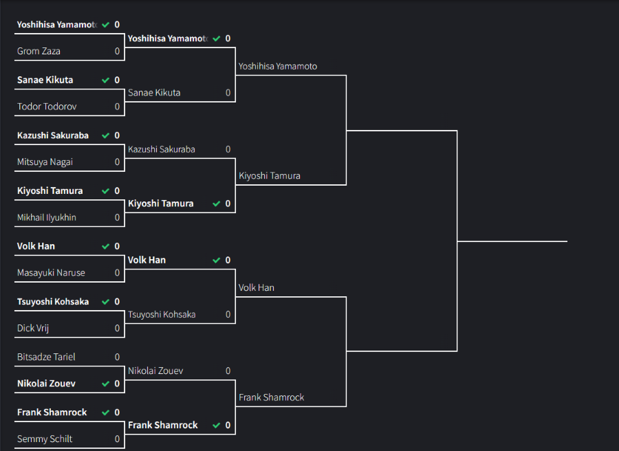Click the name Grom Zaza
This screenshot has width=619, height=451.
point(39,51)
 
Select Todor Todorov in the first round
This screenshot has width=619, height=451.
point(47,107)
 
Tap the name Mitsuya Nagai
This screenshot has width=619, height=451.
point(45,162)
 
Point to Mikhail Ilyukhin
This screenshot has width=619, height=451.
point(47,217)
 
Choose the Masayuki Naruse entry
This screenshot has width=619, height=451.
point(51,273)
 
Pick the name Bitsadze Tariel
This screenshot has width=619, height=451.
point(46,357)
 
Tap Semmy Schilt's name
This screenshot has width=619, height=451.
point(45,439)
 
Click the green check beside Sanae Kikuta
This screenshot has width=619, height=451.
point(105,80)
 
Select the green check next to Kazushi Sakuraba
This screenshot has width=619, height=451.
point(105,135)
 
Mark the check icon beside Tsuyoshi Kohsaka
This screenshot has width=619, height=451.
point(105,302)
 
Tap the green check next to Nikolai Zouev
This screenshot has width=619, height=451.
point(105,384)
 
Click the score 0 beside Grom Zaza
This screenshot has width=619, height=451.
point(117,51)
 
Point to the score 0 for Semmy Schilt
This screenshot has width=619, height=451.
point(117,439)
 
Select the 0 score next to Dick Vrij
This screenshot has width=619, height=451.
point(117,328)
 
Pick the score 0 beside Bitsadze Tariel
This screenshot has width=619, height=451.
point(117,357)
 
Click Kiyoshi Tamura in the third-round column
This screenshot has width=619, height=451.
point(270,176)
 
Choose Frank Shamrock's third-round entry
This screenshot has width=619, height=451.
point(271,397)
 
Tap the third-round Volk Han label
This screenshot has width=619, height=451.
point(257,287)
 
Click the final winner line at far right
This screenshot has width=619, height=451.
point(512,241)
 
